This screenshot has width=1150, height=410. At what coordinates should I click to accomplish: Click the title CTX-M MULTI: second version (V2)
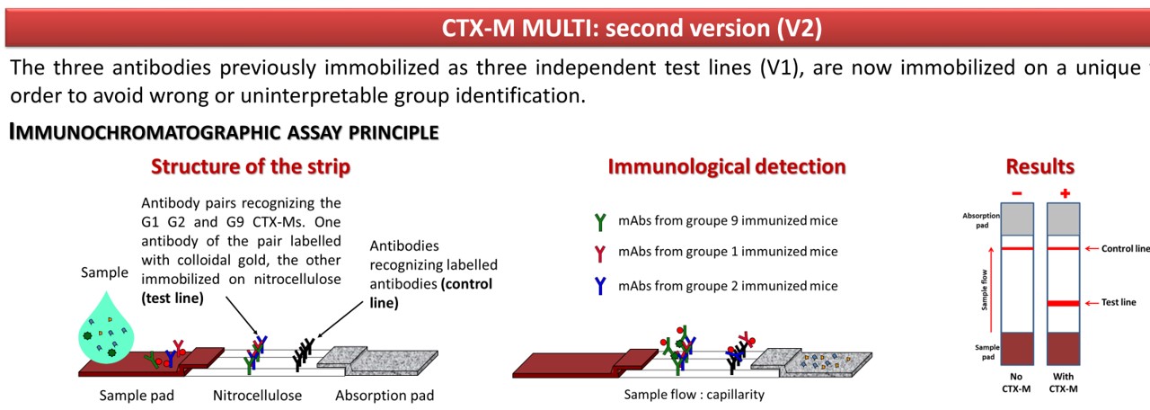632,28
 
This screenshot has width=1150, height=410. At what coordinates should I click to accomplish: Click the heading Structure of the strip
251,166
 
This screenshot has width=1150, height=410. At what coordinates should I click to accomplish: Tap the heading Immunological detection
726,166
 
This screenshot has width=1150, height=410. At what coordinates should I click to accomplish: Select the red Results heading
1039,166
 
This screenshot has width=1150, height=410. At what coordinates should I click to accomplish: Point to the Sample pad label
137,396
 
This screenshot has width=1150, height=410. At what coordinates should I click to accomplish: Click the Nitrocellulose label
257,396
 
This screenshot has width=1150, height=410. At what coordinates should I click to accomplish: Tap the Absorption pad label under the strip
385,396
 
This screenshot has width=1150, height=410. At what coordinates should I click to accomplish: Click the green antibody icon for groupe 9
600,221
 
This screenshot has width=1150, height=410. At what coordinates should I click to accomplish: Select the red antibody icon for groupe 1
600,252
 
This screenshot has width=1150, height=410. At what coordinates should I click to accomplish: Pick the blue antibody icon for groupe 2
600,286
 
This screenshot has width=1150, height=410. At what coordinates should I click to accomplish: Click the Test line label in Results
1119,302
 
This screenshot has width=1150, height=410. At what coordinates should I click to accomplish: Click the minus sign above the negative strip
1017,192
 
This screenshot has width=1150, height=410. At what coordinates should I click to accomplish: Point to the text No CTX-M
1017,383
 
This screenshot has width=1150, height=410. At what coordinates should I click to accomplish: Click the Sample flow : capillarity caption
694,395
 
